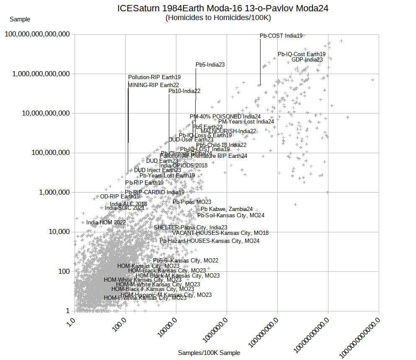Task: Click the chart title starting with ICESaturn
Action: tap(222, 8)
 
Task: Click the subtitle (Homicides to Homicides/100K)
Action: tap(218, 18)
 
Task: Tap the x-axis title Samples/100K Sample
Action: tap(209, 353)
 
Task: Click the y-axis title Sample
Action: tap(20, 19)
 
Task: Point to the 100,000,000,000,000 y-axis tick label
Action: tap(37, 34)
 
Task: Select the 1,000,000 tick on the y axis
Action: tap(51, 193)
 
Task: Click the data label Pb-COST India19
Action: tap(281, 36)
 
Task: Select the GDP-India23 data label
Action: tap(307, 60)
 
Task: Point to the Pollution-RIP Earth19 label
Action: tap(154, 77)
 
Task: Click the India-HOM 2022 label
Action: tap(106, 223)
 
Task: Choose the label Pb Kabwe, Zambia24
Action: tap(226, 209)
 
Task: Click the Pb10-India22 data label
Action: tap(184, 91)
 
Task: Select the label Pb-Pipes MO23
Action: tap(192, 202)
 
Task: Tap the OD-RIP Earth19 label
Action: tap(120, 197)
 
